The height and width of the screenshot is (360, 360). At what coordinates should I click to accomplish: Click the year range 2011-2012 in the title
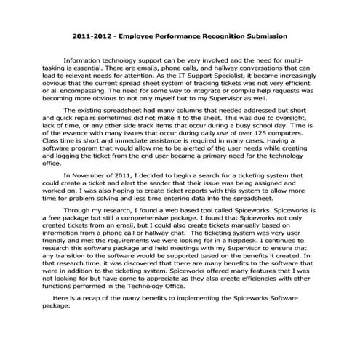92,35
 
